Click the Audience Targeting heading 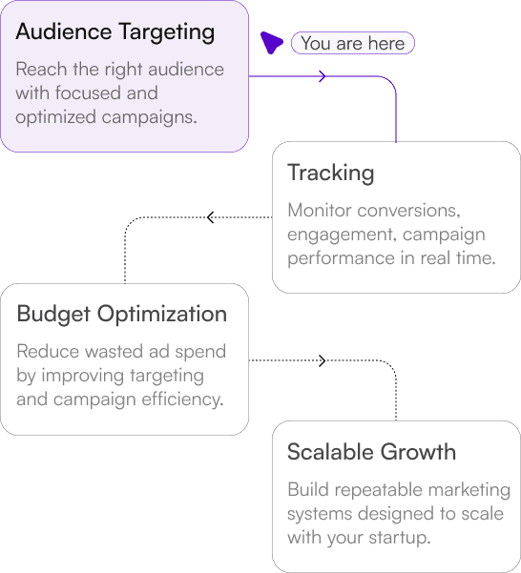(x=115, y=32)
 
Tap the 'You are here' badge (x=353, y=43)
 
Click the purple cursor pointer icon (x=271, y=42)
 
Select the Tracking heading (x=330, y=174)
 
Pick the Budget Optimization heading (x=122, y=314)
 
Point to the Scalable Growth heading (x=371, y=452)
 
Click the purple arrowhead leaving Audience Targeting (x=323, y=76)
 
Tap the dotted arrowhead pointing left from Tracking (x=210, y=217)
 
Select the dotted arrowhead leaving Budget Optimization (x=323, y=360)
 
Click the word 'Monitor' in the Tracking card (x=320, y=210)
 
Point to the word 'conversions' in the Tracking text (x=408, y=211)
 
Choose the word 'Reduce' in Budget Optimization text (x=48, y=351)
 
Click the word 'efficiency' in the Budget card (x=182, y=399)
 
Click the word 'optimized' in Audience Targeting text (x=56, y=117)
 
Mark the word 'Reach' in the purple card (x=41, y=69)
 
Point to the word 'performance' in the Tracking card (x=341, y=258)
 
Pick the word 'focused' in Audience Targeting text (x=88, y=92)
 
